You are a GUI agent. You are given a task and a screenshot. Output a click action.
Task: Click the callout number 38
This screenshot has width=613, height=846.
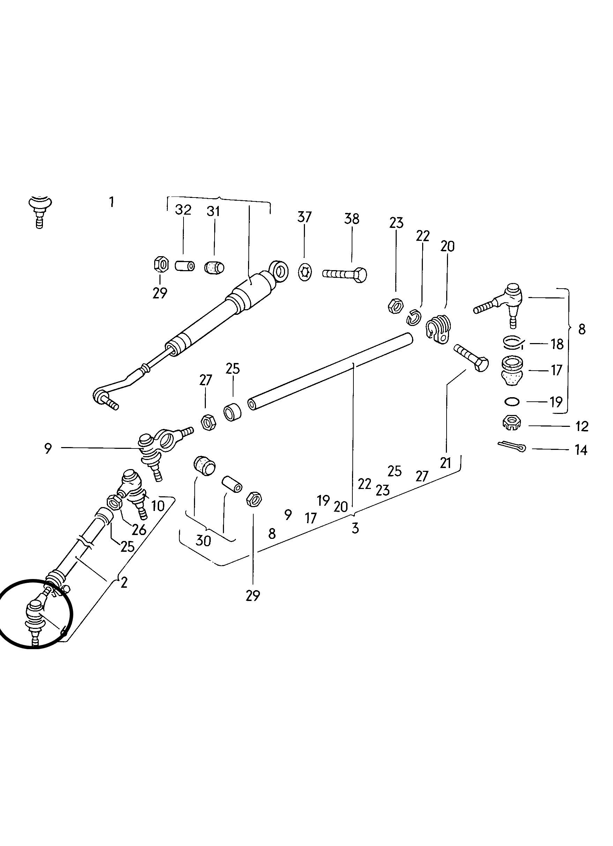pos(352,218)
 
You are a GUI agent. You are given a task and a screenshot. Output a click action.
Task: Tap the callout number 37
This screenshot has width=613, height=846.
pos(304,217)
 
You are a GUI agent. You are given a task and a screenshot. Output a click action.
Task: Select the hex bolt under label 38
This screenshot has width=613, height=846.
pos(345,275)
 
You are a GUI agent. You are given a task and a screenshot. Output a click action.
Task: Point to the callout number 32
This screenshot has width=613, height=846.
pos(183,210)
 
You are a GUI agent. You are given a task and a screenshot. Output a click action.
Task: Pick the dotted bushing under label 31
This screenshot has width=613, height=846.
pos(214,267)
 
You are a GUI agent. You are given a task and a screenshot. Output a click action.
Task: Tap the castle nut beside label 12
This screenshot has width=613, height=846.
pos(511,423)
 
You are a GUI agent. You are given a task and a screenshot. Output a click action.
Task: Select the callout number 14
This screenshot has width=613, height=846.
pos(581,450)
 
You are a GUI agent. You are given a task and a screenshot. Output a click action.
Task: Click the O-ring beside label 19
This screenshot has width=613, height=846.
pos(511,402)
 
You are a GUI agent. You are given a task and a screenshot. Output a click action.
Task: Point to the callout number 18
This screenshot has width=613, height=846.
pos(557,344)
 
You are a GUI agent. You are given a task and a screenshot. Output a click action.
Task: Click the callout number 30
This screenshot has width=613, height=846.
pos(203,541)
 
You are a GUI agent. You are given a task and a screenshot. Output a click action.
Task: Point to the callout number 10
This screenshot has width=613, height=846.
pos(158,506)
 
